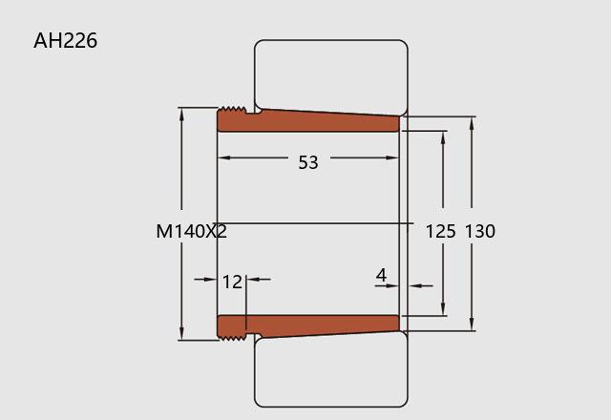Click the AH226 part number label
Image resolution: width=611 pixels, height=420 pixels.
[x=66, y=41]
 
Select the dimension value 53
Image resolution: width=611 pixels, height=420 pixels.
[x=308, y=162]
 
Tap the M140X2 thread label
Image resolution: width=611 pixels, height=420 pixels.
[x=191, y=231]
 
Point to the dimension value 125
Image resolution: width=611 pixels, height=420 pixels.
[x=440, y=231]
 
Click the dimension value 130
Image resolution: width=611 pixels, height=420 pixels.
[x=480, y=231]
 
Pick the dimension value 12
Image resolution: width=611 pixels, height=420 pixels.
[x=232, y=282]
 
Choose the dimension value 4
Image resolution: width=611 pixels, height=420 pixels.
[x=382, y=275]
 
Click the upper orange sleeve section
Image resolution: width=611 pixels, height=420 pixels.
[x=307, y=121]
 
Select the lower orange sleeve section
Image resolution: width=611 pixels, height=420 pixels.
[x=307, y=326]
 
